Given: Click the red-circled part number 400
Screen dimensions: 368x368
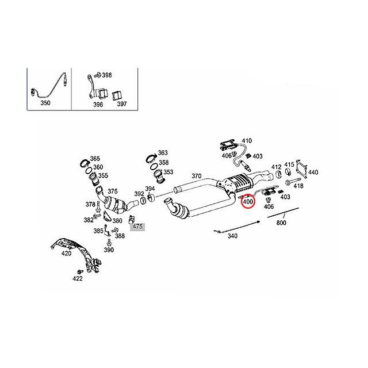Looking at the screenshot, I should point(248,201).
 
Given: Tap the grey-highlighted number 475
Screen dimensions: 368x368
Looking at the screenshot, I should point(137,227).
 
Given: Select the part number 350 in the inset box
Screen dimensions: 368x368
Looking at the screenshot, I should point(45,103).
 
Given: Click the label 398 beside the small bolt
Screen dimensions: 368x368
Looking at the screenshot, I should point(107,75).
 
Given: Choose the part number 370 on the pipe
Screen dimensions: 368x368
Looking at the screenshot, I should point(196,175).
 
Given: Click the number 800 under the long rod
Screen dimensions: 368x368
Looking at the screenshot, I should point(281,223).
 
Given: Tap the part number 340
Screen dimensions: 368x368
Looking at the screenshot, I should point(233,236).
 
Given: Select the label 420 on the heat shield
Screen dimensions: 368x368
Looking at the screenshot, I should point(67,252).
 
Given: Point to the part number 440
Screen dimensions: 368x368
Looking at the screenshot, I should point(313,172).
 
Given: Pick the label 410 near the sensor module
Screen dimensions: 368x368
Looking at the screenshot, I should point(247,140).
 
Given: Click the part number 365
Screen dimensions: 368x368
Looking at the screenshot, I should point(95,158).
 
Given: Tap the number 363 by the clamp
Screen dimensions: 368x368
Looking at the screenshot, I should point(163,153).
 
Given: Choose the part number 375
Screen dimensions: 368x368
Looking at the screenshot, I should point(112,191).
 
